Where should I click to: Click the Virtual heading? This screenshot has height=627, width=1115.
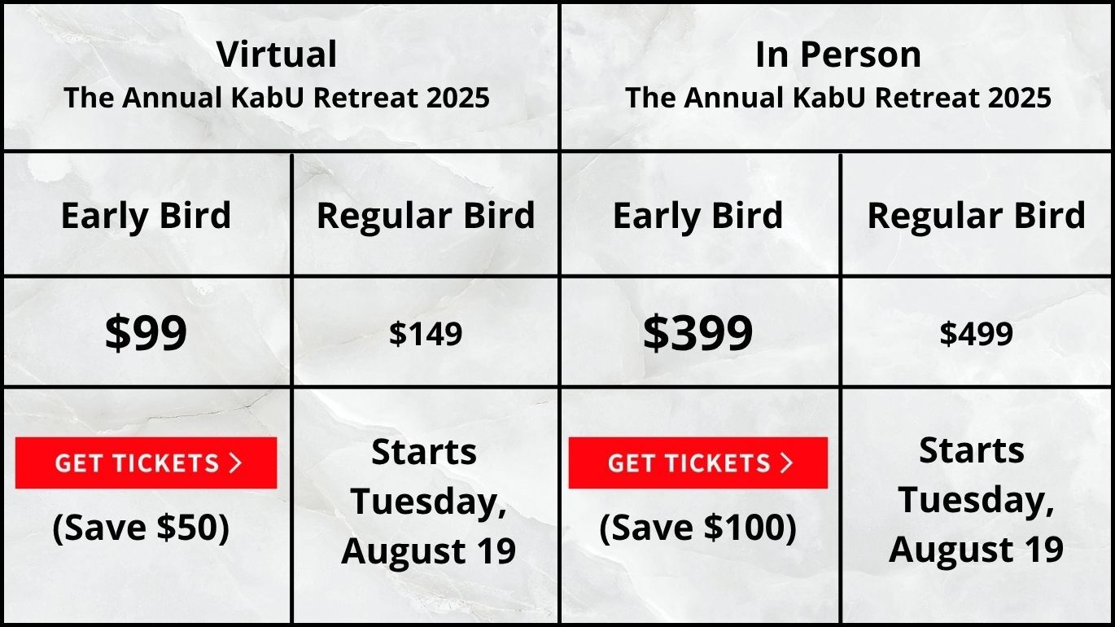pyautogui.click(x=277, y=54)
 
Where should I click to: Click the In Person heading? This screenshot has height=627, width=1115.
pyautogui.click(x=838, y=54)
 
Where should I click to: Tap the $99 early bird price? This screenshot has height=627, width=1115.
pyautogui.click(x=146, y=332)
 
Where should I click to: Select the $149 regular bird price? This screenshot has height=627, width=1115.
pyautogui.click(x=426, y=334)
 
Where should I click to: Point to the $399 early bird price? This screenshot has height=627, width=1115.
pyautogui.click(x=697, y=332)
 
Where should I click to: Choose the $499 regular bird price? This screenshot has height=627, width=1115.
pyautogui.click(x=976, y=334)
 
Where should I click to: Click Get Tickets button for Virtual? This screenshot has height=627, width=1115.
pyautogui.click(x=146, y=463)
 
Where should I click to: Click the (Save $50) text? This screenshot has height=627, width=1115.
pyautogui.click(x=141, y=528)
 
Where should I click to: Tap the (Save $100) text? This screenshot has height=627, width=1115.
pyautogui.click(x=697, y=528)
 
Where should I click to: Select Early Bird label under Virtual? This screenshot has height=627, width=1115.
pyautogui.click(x=146, y=215)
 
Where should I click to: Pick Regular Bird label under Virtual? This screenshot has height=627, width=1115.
pyautogui.click(x=426, y=215)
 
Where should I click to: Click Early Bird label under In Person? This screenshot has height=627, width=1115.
pyautogui.click(x=697, y=215)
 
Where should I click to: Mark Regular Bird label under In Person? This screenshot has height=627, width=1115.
pyautogui.click(x=976, y=215)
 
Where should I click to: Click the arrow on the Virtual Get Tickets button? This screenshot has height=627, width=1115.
pyautogui.click(x=235, y=463)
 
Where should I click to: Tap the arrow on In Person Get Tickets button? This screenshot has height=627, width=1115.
pyautogui.click(x=786, y=463)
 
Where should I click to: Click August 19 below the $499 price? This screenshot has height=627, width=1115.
pyautogui.click(x=976, y=550)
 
